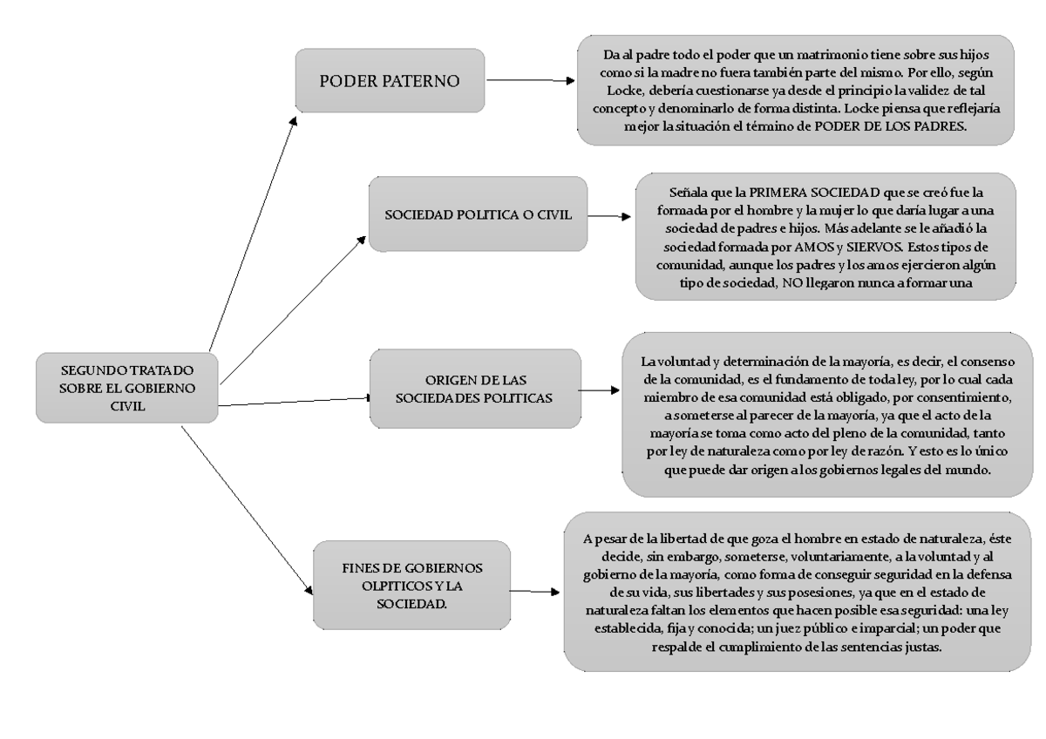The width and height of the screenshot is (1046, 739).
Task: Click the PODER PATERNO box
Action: pos(389,81)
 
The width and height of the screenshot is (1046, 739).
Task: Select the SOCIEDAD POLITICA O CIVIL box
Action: pos(477,215)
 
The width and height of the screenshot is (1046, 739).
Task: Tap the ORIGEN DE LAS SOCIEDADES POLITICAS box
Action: pos(475,390)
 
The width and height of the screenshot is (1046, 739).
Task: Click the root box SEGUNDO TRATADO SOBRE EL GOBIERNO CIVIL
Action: pos(126,388)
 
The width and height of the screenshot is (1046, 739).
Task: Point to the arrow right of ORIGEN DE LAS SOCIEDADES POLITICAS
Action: pos(601,390)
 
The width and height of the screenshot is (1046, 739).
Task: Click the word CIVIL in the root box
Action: pos(126,404)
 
